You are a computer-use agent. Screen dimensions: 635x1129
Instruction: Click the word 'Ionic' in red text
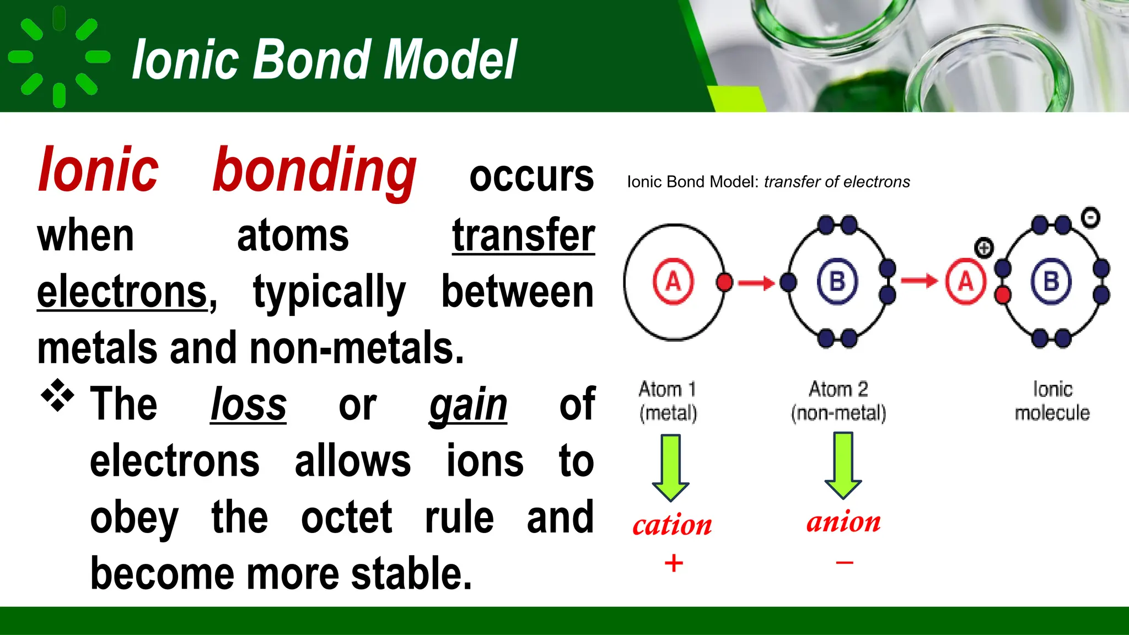click(98, 170)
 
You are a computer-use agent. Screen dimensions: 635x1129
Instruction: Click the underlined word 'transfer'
click(523, 236)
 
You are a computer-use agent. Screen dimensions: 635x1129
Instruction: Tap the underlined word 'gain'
click(468, 405)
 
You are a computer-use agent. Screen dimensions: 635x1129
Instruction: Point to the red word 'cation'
click(672, 525)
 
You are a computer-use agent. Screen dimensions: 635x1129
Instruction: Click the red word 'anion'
click(843, 521)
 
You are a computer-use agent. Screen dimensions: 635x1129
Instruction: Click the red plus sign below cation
click(674, 563)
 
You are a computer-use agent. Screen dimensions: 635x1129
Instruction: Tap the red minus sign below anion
click(845, 563)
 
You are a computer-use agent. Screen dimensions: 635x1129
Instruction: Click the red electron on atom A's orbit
click(724, 282)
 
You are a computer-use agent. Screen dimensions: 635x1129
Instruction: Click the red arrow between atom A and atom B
click(756, 283)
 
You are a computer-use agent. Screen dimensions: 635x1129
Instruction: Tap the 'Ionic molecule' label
click(1052, 401)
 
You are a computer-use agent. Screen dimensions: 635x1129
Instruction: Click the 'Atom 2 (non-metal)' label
click(838, 401)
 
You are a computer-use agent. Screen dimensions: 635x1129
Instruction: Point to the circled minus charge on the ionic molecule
click(1090, 218)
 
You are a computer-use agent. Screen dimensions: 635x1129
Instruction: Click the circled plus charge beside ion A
click(984, 248)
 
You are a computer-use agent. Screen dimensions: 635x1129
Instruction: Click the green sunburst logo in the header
click(59, 56)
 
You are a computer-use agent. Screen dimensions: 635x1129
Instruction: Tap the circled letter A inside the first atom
click(673, 282)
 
